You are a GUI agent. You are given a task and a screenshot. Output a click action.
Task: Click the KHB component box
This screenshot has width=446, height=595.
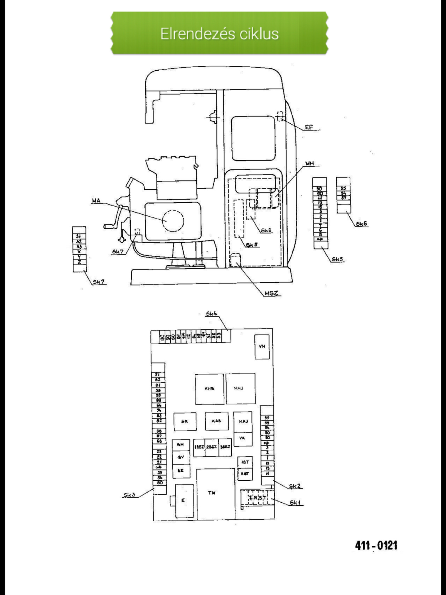point(209,389)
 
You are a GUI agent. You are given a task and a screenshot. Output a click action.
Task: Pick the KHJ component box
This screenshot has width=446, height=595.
point(240,389)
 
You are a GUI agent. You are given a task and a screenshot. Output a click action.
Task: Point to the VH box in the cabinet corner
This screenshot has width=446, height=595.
point(262,347)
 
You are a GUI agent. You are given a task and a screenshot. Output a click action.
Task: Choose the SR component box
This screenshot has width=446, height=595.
point(185,421)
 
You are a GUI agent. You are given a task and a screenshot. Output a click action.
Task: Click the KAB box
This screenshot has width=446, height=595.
point(216,421)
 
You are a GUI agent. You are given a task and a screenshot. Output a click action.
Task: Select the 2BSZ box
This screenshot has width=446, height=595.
point(212,447)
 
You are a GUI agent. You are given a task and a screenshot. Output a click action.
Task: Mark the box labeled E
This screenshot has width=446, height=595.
point(183,500)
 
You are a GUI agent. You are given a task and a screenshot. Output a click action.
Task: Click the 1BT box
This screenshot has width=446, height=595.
point(245,462)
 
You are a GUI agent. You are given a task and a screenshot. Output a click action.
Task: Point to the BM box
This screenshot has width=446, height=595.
point(180,445)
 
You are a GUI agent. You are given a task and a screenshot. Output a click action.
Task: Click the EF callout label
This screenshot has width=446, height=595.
point(309,127)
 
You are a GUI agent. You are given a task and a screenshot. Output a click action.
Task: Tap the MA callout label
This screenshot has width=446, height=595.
point(96,201)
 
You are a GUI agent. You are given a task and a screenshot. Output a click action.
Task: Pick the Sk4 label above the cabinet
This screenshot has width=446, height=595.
point(212,314)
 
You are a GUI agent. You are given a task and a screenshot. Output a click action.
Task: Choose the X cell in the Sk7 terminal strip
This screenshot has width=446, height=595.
point(79,252)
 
